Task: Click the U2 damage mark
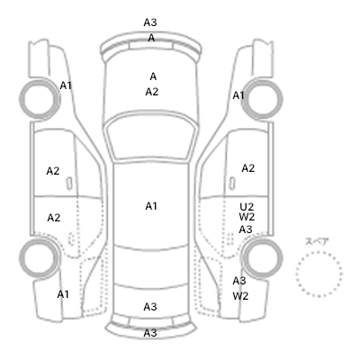point(247,207)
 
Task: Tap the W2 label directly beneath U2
point(247,217)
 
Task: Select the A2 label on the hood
point(152,92)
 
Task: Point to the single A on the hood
point(153,76)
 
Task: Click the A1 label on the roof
point(151,206)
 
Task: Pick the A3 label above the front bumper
point(150,22)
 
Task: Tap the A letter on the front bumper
point(151,38)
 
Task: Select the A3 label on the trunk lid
point(150,307)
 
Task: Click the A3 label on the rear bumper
point(150,333)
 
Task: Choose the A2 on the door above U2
point(248,168)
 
